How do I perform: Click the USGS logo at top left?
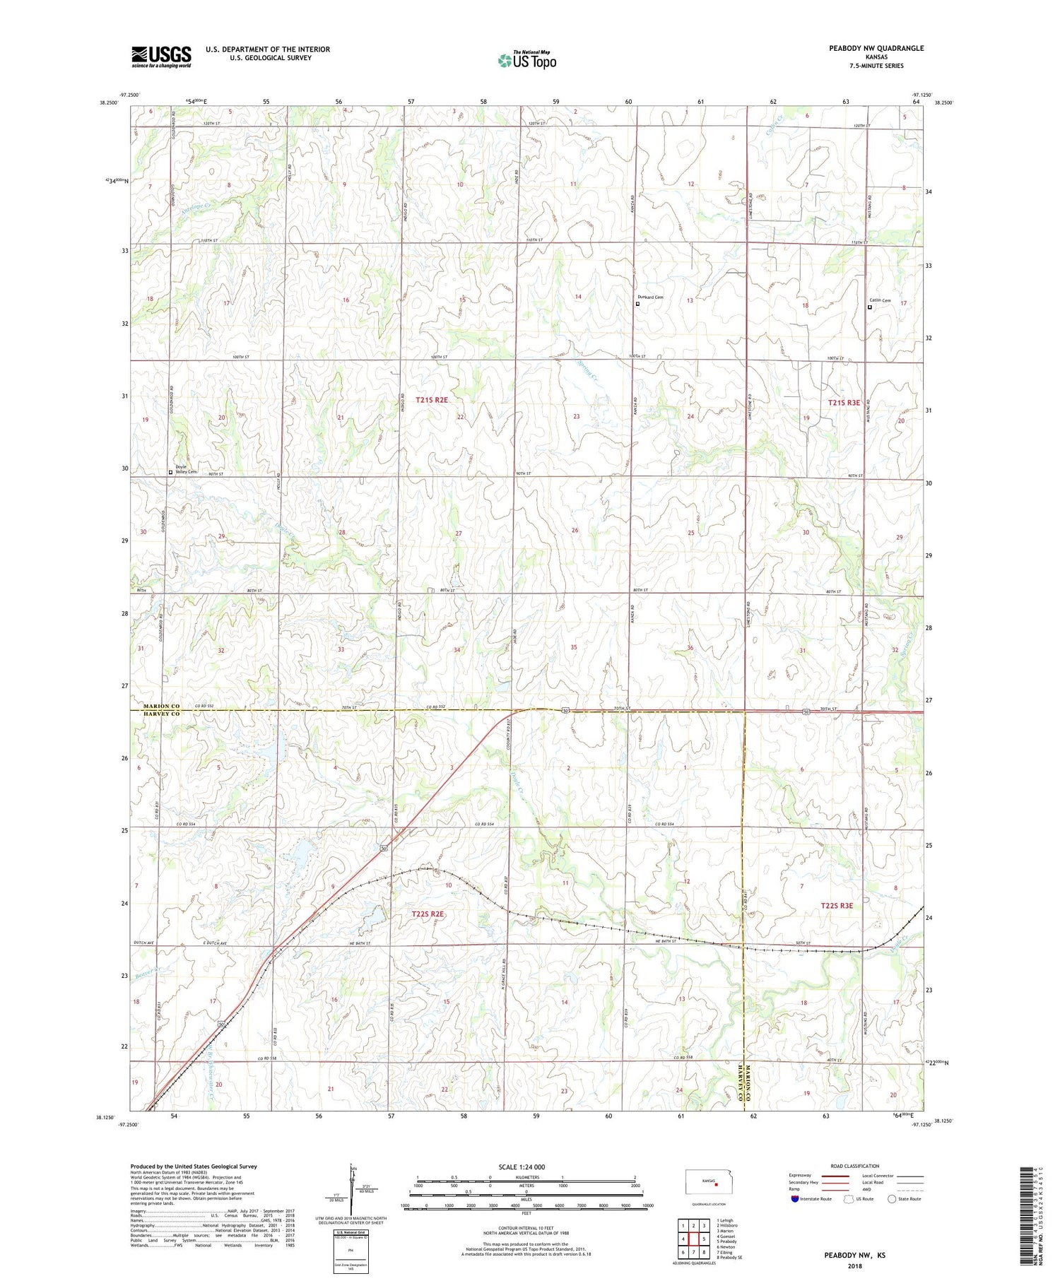pyautogui.click(x=161, y=57)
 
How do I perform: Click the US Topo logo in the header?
pyautogui.click(x=526, y=61)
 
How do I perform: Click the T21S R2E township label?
pyautogui.click(x=431, y=400)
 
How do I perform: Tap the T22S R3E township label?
pyautogui.click(x=837, y=906)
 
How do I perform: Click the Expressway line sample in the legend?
pyautogui.click(x=834, y=1176)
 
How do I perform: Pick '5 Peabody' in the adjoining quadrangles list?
pyautogui.click(x=727, y=1241)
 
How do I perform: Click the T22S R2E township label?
pyautogui.click(x=428, y=914)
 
